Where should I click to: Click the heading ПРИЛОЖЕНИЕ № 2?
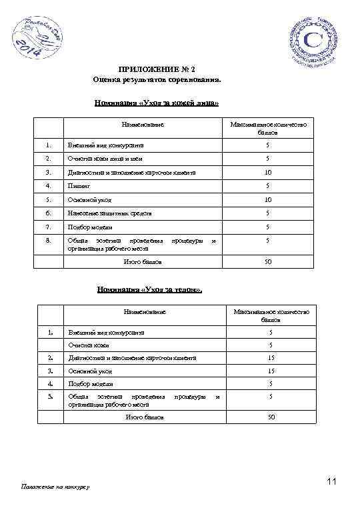[x=157, y=69]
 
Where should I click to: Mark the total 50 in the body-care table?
[x=271, y=417]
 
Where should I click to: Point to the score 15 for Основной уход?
[x=271, y=370]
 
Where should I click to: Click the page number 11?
[x=333, y=481]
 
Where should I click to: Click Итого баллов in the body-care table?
[x=144, y=417]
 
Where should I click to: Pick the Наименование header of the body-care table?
[x=144, y=312]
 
